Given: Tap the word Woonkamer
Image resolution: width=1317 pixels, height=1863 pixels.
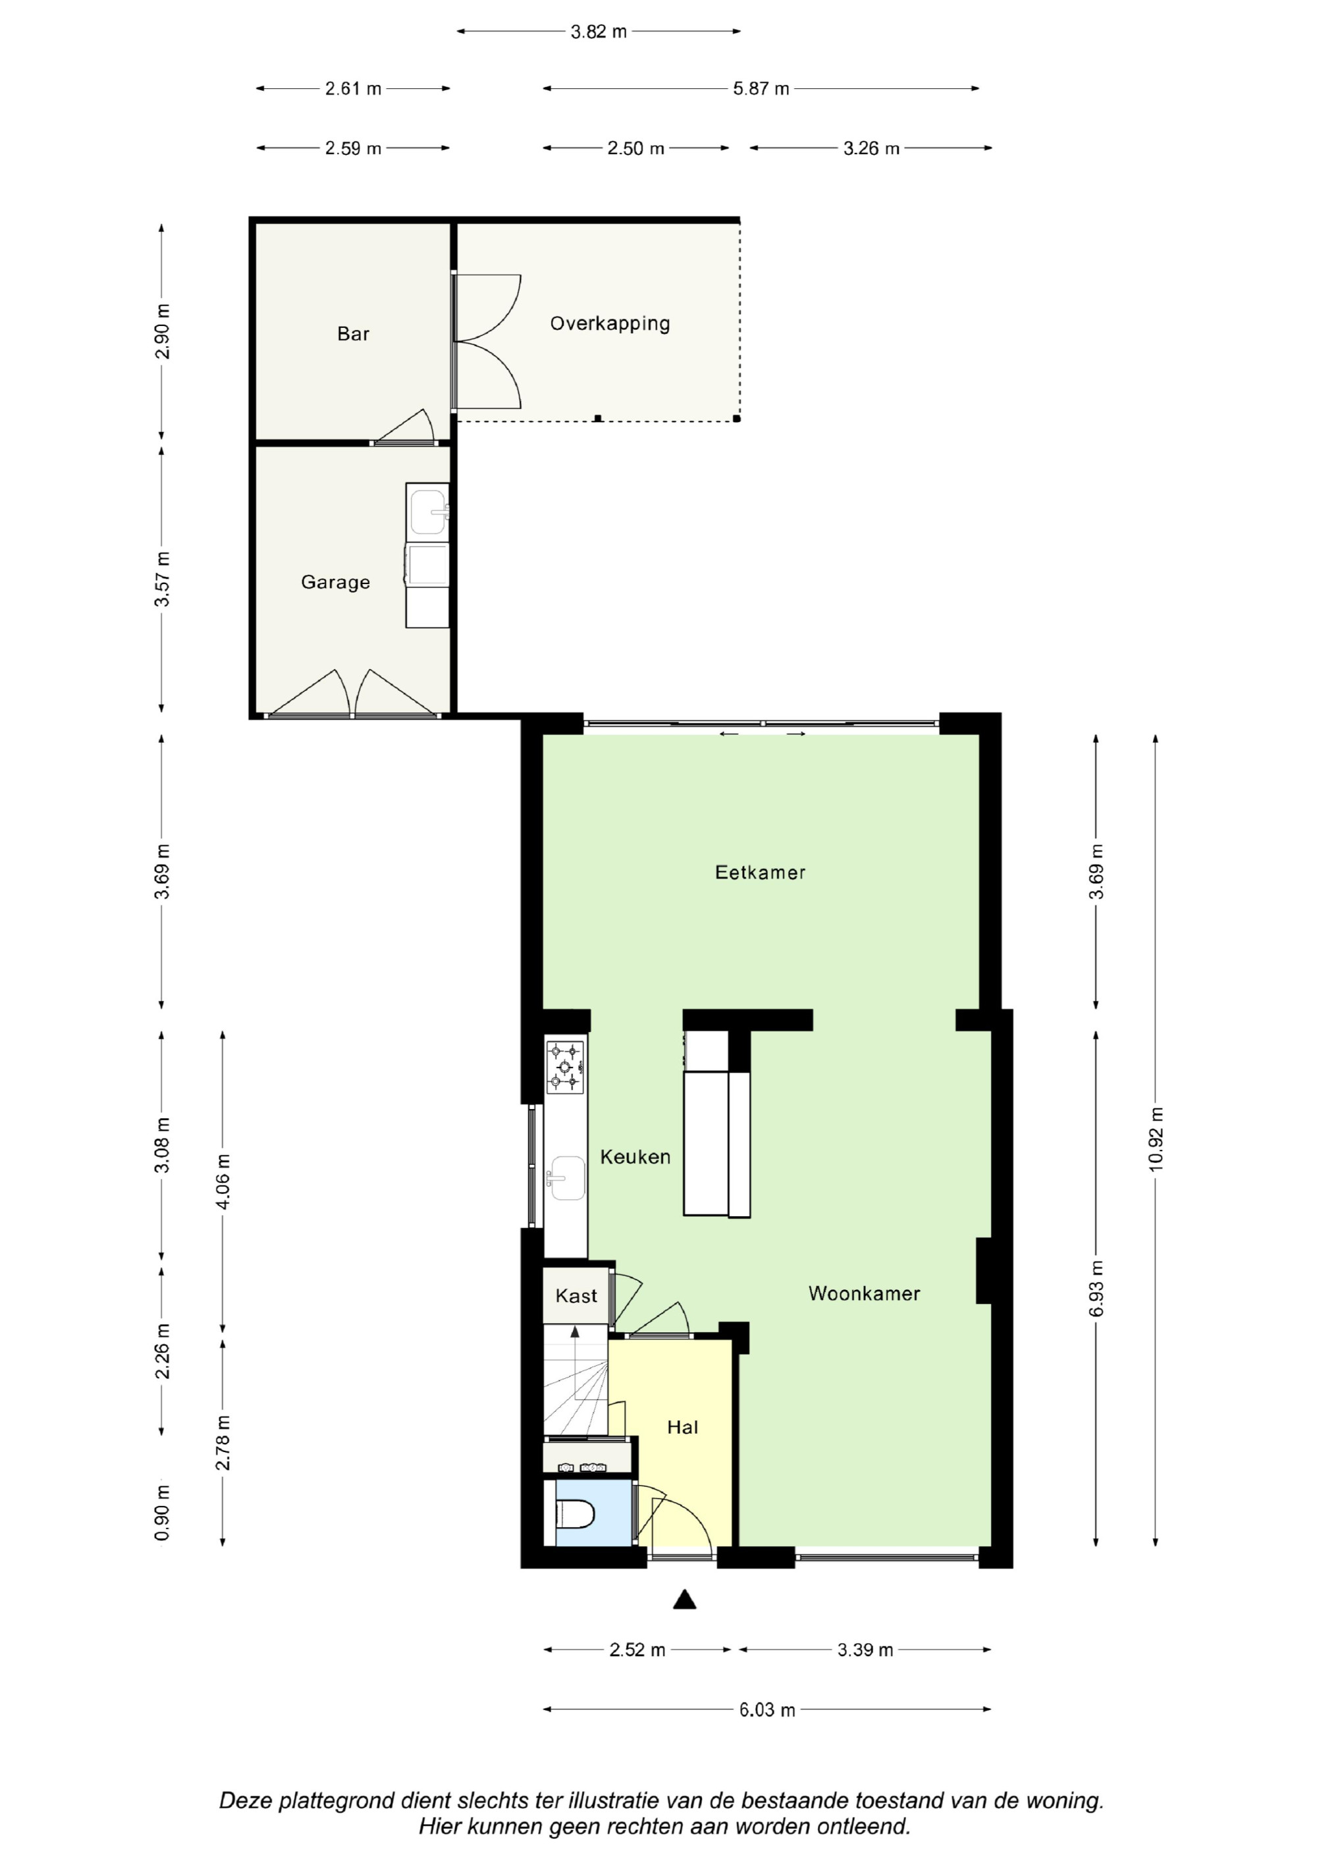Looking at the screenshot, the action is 864,1293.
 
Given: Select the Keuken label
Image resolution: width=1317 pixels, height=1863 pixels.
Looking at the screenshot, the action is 635,1157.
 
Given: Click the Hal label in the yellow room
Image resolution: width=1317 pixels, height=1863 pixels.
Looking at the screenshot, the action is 682,1427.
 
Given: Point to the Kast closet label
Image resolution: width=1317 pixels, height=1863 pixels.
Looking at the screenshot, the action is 576,1296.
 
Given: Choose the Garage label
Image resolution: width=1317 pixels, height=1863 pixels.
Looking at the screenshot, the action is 335,583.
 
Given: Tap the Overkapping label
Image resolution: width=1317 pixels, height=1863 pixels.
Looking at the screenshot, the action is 610,324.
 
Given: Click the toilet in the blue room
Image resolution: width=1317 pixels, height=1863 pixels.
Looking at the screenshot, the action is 576,1513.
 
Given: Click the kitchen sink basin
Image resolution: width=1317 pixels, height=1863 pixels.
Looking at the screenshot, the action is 566,1178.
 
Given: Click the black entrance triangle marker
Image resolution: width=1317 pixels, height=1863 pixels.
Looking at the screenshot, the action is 685,1600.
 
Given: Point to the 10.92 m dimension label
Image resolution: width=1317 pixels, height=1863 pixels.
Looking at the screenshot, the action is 1156,1139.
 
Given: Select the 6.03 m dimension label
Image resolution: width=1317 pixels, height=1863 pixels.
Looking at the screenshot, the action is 767,1710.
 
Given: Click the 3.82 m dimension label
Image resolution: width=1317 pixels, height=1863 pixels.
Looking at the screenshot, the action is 599,32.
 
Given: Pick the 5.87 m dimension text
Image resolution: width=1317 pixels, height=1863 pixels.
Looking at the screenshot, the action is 761,88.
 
